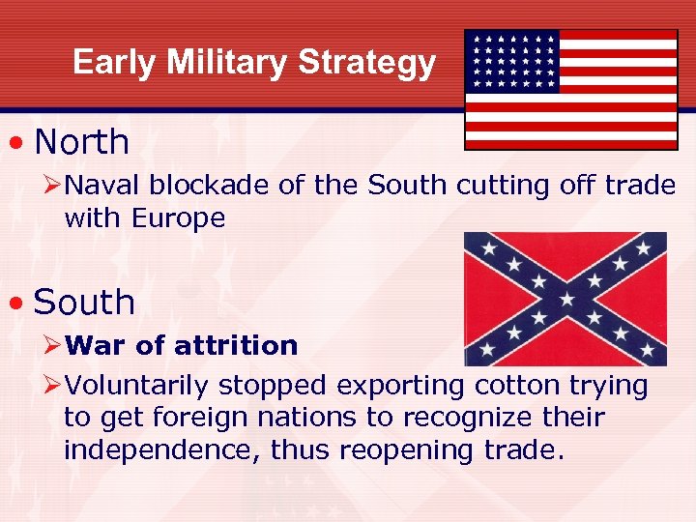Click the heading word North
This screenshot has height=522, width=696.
click(x=81, y=142)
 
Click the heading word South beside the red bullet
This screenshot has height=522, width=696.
click(x=84, y=303)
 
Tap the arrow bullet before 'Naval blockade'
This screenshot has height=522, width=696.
click(x=53, y=186)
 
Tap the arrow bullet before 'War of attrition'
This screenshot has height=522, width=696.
click(x=53, y=345)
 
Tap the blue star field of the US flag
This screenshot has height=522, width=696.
click(x=512, y=60)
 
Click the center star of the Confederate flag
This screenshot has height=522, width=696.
click(x=565, y=299)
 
